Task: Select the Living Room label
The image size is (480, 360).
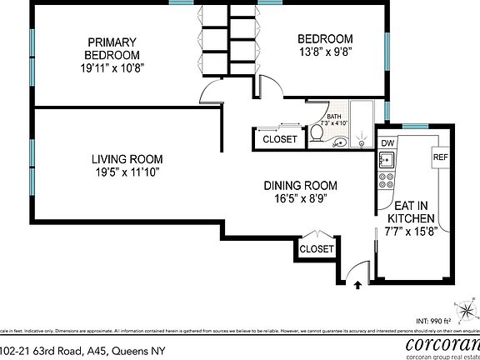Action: click(127, 159)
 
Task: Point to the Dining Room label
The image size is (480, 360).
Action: click(300, 185)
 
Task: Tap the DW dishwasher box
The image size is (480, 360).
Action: click(387, 143)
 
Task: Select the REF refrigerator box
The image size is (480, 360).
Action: click(441, 157)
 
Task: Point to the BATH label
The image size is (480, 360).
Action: click(333, 117)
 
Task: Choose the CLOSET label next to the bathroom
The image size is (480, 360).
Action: click(279, 139)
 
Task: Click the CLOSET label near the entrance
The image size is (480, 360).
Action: click(317, 248)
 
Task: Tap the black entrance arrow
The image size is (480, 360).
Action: click(357, 283)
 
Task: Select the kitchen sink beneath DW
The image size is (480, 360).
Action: click(387, 160)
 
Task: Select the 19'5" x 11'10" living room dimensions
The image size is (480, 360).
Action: click(127, 172)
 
